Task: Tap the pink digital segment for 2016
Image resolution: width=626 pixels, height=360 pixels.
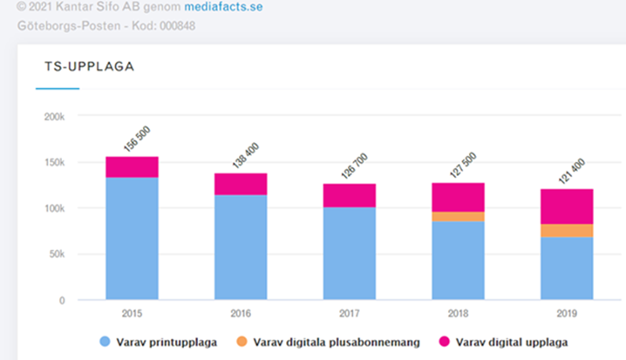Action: point(241,184)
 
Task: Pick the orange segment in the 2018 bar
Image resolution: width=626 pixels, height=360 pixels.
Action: point(459,216)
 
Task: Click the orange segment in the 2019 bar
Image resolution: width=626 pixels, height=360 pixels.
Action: point(567,230)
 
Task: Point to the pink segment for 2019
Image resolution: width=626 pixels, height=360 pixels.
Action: point(567,207)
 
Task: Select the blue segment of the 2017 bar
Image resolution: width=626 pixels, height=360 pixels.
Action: point(350,253)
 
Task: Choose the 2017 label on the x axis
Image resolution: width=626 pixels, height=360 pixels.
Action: point(350,312)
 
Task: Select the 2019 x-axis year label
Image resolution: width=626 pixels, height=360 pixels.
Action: point(567,312)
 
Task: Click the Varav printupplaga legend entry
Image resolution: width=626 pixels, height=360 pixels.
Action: point(164,341)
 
